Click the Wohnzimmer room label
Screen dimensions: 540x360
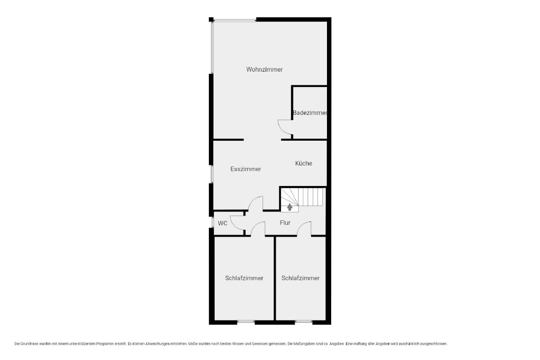click(x=264, y=70)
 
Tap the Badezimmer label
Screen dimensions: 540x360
click(x=310, y=113)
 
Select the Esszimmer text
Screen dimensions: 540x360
click(x=246, y=169)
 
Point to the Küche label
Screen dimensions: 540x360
click(x=303, y=163)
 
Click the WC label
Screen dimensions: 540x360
click(x=223, y=223)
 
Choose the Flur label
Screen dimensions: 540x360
click(x=285, y=222)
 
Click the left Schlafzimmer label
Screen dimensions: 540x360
click(x=244, y=278)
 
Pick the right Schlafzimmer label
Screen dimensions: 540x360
click(x=300, y=278)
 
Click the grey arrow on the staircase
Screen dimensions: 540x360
click(x=290, y=207)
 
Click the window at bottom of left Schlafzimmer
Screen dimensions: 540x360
click(x=246, y=323)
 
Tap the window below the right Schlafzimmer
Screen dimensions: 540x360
click(x=303, y=323)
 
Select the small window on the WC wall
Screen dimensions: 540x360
click(x=212, y=222)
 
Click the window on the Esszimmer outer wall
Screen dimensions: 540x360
click(x=212, y=174)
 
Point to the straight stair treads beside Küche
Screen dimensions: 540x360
click(x=312, y=197)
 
